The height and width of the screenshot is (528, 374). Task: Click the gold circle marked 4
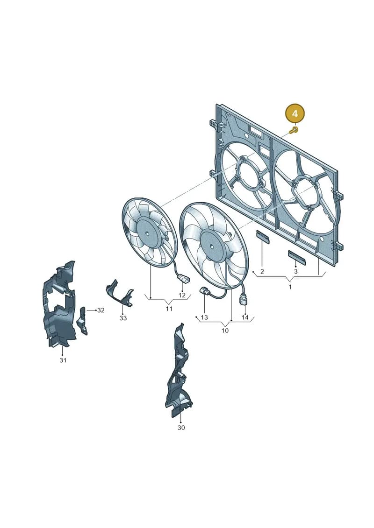(295, 113)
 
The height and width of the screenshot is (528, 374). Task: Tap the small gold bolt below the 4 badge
(295, 130)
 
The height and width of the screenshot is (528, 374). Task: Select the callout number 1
(290, 287)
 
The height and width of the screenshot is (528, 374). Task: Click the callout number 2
(262, 271)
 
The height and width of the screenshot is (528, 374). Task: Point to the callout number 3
(296, 271)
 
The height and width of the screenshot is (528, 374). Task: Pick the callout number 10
(225, 331)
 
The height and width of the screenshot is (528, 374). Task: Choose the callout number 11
(169, 309)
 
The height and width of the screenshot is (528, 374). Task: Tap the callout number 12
(182, 296)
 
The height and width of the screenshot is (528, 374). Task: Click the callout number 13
(204, 317)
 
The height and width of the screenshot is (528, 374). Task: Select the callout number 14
(245, 317)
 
